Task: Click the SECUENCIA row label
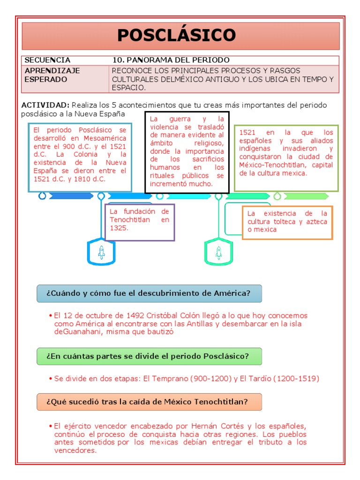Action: point(47,60)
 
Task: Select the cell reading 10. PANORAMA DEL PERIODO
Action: point(171,60)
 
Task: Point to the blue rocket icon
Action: point(101,253)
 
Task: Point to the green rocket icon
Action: point(218,253)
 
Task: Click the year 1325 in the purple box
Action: point(119,228)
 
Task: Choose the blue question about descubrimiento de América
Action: point(149,293)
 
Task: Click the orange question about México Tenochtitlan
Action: point(147,402)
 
